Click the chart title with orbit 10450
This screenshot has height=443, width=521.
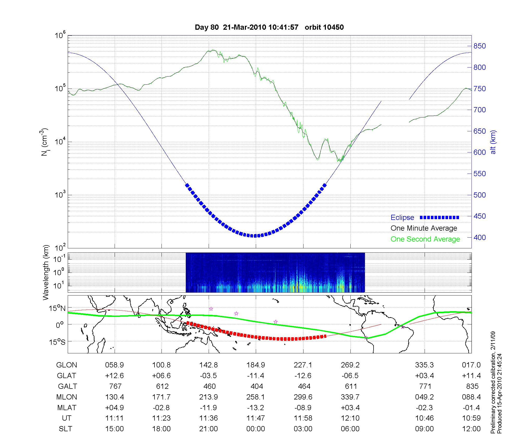point(269,27)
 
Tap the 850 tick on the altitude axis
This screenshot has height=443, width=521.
point(480,46)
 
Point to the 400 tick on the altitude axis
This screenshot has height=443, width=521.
point(480,237)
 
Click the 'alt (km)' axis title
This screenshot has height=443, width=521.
point(493,142)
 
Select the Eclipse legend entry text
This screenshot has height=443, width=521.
point(402,217)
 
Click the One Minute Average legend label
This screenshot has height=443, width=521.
point(424,228)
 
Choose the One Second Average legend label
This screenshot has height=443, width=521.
point(425,239)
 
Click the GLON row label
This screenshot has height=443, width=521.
point(66,365)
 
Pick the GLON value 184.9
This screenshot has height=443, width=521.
point(256,365)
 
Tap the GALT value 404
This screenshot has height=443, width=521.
point(257,386)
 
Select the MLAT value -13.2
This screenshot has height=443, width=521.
point(256,408)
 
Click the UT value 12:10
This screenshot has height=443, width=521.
point(350,418)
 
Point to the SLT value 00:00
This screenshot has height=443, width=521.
point(256,429)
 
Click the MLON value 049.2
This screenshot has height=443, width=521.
point(424,397)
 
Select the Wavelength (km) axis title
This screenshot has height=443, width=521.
point(46,272)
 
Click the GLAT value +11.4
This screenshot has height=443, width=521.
point(471,376)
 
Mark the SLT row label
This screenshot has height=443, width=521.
point(65,429)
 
